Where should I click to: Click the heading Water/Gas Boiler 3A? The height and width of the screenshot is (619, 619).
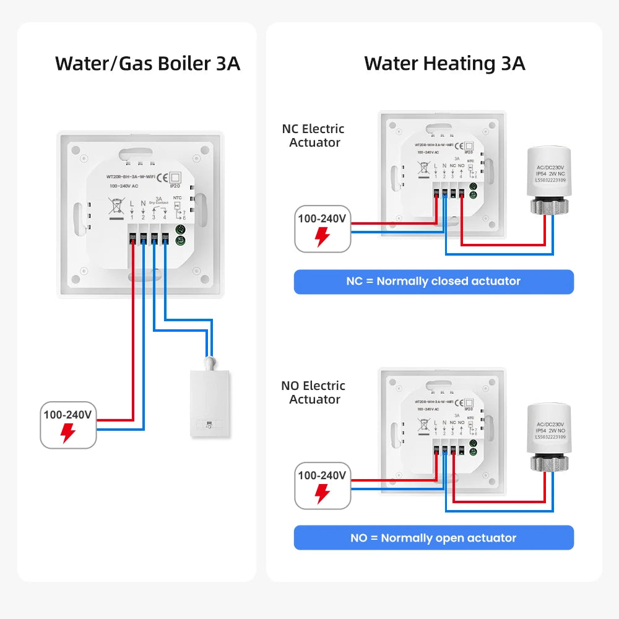[147, 63]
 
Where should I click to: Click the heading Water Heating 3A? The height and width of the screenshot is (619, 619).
[444, 63]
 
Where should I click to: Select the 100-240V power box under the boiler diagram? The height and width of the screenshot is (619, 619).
[68, 425]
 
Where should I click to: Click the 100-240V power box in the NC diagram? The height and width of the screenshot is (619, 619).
[322, 228]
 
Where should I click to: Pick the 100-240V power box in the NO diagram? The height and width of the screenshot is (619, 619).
[322, 485]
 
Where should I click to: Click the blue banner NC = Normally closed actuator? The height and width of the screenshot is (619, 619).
[433, 282]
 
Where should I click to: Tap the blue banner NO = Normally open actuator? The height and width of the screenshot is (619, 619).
[433, 538]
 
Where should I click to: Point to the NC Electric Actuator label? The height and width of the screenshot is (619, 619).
[313, 136]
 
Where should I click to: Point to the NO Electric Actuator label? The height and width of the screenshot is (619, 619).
[313, 392]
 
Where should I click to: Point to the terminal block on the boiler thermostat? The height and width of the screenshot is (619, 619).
[149, 238]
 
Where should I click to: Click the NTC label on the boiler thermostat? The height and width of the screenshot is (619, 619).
[177, 198]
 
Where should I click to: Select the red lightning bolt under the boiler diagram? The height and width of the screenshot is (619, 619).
[68, 433]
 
